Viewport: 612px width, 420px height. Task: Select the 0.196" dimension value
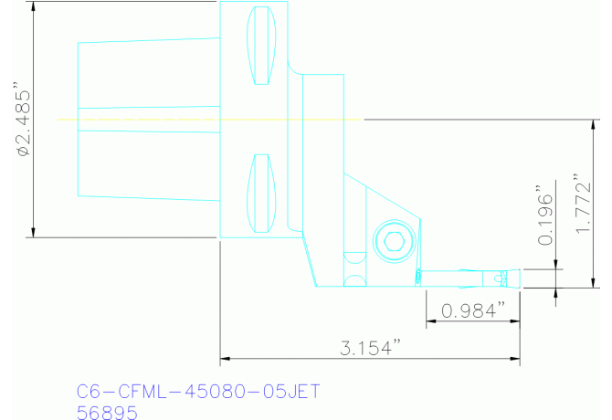click(x=545, y=220)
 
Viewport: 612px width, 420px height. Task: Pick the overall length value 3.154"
click(x=371, y=348)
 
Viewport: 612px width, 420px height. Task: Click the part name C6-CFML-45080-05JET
click(x=198, y=391)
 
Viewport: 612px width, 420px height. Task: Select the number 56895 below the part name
click(x=107, y=413)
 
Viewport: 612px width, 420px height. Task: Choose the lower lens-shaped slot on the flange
click(x=262, y=194)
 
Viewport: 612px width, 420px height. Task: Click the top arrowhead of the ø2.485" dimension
click(x=33, y=7)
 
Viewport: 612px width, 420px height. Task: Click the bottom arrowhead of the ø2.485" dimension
click(x=33, y=232)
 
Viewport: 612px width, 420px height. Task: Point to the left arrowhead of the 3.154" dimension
click(x=226, y=357)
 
